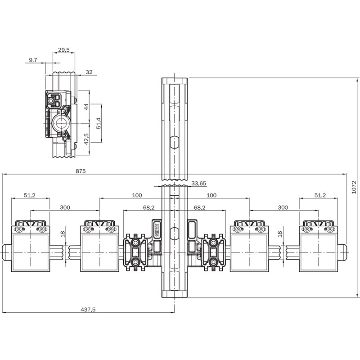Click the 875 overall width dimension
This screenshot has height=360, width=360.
[81, 171]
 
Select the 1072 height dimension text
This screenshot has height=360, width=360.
[354, 187]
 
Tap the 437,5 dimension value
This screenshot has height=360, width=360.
[88, 310]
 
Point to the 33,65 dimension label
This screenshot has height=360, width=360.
[198, 184]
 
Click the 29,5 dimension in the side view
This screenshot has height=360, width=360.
[63, 49]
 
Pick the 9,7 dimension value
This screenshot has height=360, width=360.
[33, 60]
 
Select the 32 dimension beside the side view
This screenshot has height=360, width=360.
[89, 72]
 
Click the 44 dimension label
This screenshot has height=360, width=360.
[86, 107]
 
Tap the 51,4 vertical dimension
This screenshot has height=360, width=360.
[99, 123]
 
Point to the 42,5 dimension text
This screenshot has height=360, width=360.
[86, 139]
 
